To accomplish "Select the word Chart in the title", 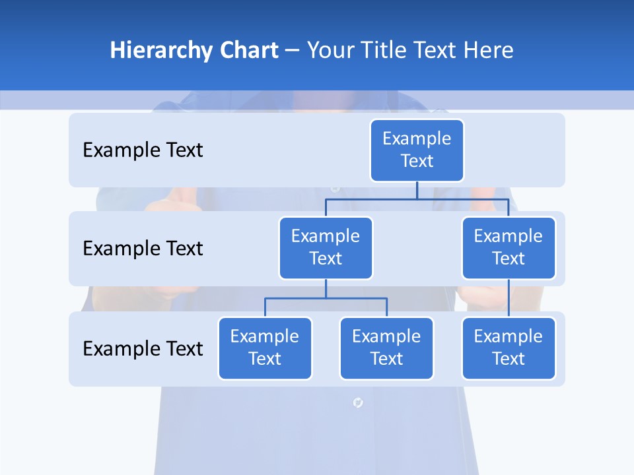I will [248, 51].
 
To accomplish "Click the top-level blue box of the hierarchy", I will [417, 150].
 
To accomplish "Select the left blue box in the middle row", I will [326, 247].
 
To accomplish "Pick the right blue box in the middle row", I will [509, 247].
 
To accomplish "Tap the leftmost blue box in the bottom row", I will [265, 348].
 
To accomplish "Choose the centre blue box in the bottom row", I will [386, 348].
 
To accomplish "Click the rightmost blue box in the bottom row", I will [509, 348].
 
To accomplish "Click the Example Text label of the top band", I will [143, 150].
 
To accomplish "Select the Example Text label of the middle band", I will [143, 249].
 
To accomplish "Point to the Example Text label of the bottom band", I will [143, 348].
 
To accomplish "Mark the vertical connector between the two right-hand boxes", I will [509, 298].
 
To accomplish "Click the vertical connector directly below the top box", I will [417, 190].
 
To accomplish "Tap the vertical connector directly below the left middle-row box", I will [326, 289].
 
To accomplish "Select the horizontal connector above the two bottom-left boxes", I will [326, 298].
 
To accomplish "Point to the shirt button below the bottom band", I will [357, 402].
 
